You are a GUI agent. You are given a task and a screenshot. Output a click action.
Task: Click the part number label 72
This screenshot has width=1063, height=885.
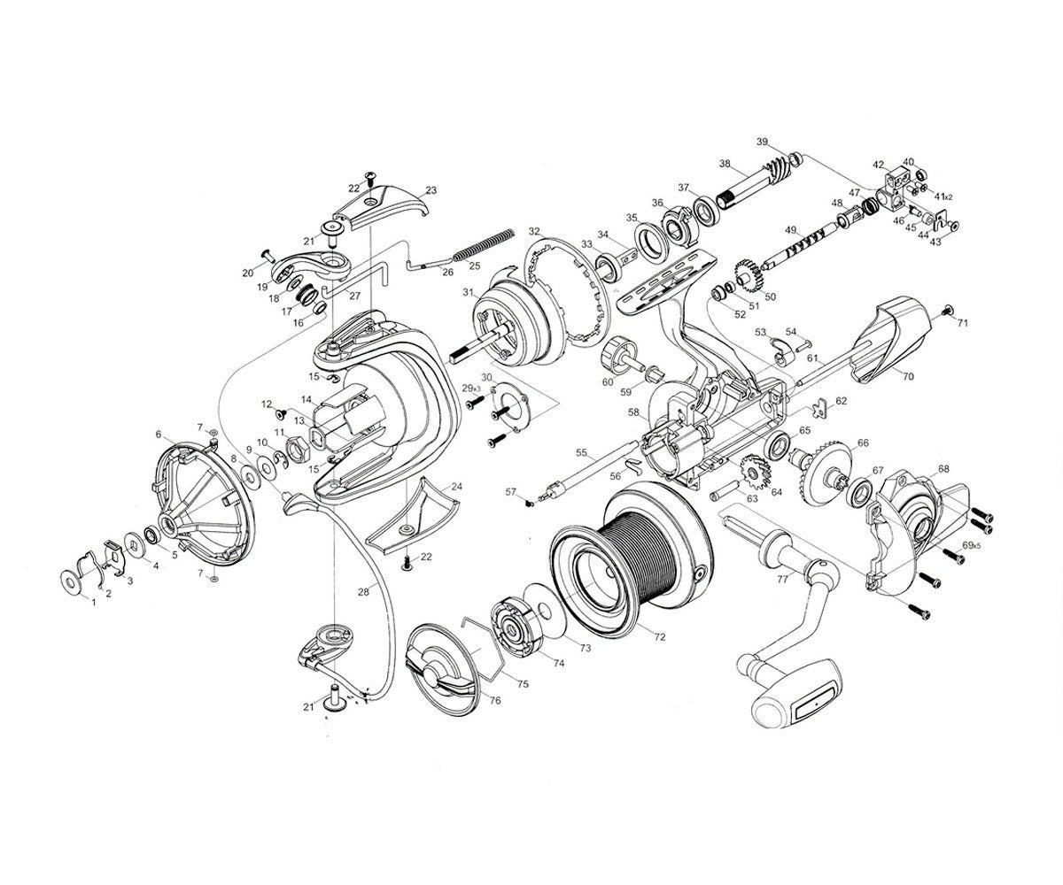point(660,637)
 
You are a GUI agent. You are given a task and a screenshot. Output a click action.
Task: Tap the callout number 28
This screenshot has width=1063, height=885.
point(363,592)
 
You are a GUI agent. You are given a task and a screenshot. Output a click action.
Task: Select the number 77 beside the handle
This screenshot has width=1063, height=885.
point(783,579)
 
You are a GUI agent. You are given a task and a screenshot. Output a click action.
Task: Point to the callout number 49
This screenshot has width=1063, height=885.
point(790,230)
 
